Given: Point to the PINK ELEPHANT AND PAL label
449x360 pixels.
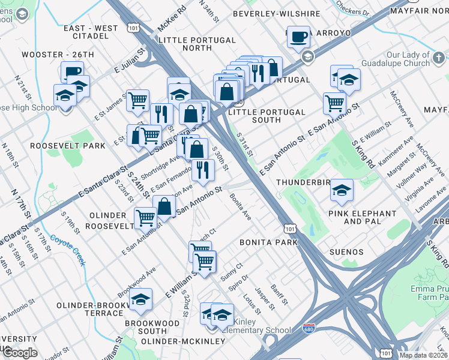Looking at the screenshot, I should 362,217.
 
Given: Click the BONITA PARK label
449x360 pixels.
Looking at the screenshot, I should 268,242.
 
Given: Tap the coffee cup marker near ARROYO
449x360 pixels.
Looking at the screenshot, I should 298,37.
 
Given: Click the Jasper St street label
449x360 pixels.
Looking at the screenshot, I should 264,298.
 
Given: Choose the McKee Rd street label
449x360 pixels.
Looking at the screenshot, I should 172,19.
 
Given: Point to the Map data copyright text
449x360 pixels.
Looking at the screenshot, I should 423,355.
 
